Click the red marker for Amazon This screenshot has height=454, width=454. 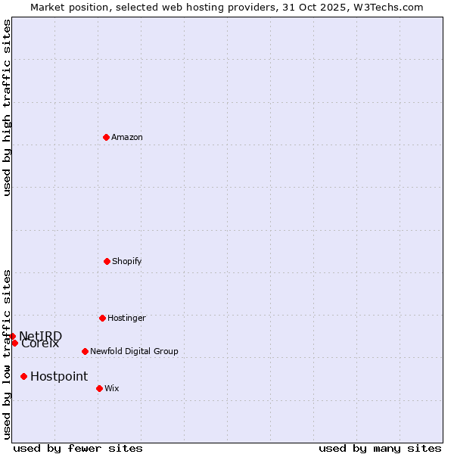tap(106, 137)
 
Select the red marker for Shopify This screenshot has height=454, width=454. tap(107, 261)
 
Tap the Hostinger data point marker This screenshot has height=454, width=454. tap(102, 318)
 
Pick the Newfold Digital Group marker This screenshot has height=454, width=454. tap(85, 351)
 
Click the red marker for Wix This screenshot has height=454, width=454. tap(99, 388)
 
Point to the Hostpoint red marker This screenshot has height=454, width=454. tap(23, 376)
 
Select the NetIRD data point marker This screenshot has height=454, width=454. tap(12, 336)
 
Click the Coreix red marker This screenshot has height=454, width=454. tap(14, 343)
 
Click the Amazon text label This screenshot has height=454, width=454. tap(127, 137)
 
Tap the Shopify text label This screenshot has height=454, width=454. tap(127, 261)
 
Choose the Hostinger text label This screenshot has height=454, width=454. tap(126, 318)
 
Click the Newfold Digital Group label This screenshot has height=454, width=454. tap(134, 351)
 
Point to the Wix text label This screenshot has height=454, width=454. tap(112, 388)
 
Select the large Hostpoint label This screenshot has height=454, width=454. tap(59, 376)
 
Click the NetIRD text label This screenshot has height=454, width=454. tap(41, 336)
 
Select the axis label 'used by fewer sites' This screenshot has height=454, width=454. tap(78, 448)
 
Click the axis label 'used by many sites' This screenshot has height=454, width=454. tap(380, 448)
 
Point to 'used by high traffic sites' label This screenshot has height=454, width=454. tap(8, 107)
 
